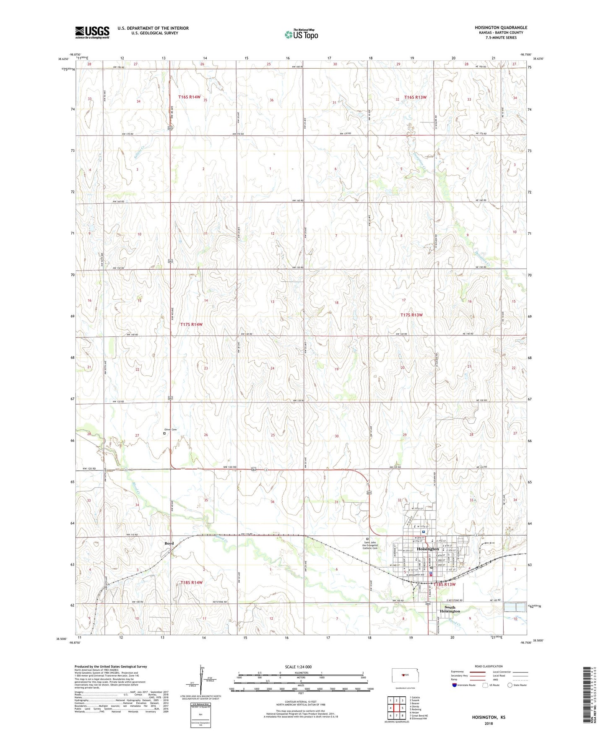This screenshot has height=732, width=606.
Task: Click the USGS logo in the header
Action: [92, 32]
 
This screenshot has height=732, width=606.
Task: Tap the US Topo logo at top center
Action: [301, 34]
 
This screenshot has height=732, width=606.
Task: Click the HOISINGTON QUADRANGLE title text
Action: [501, 28]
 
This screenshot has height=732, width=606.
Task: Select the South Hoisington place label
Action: [450, 609]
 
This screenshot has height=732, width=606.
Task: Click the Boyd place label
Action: [169, 543]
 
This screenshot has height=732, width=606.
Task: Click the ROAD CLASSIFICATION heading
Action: [489, 666]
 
